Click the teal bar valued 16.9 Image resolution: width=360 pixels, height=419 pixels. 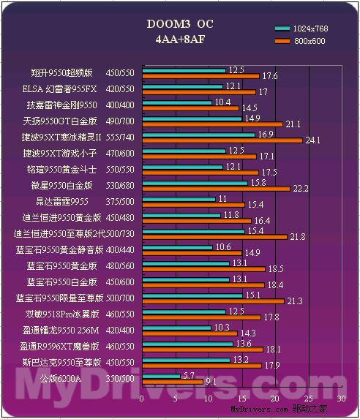[x=198, y=135]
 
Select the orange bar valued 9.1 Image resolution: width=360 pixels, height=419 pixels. [x=172, y=381]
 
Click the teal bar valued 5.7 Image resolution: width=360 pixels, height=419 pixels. [x=160, y=376]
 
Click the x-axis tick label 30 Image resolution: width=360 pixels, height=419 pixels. [x=341, y=399]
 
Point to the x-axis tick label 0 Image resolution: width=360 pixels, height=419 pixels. [x=141, y=399]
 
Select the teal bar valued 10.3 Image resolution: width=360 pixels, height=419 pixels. [x=176, y=328]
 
